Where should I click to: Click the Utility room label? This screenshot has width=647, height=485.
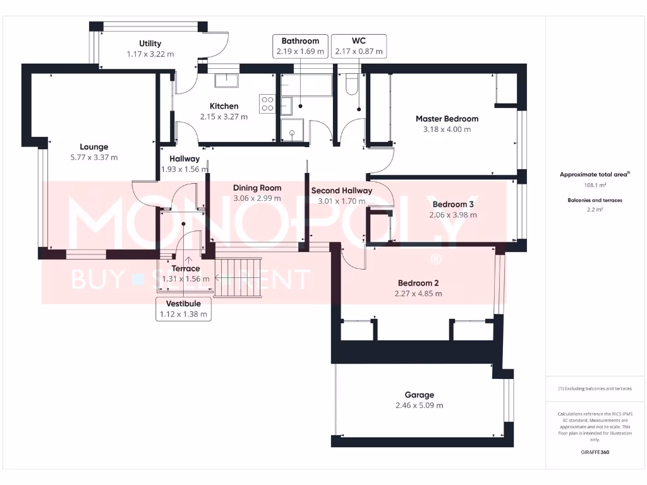click(x=150, y=44)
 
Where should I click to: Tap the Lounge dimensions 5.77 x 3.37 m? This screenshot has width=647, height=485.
click(x=94, y=157)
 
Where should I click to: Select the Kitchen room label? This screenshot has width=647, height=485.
click(x=224, y=106)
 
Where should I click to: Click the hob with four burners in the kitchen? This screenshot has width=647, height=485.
click(x=267, y=104)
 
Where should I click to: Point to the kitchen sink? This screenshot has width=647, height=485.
click(x=226, y=80)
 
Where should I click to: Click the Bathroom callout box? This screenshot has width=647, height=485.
click(x=300, y=46)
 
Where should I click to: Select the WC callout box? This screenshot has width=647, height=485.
click(x=358, y=46)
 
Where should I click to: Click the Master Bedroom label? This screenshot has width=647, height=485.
click(x=447, y=119)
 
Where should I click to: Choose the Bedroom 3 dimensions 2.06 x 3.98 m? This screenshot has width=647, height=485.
click(x=453, y=215)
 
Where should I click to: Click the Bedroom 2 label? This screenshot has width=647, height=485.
click(x=418, y=283)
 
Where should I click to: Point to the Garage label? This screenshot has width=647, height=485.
click(x=420, y=395)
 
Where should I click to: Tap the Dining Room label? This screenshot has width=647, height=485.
click(x=257, y=188)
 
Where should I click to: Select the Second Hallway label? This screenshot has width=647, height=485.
click(x=342, y=190)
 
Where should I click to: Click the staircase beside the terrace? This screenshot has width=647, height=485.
click(x=238, y=276)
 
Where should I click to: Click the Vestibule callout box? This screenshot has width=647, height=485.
click(x=183, y=309)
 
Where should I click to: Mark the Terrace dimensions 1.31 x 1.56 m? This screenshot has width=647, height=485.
click(x=186, y=278)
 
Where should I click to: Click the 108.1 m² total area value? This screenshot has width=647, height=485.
click(x=594, y=186)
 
